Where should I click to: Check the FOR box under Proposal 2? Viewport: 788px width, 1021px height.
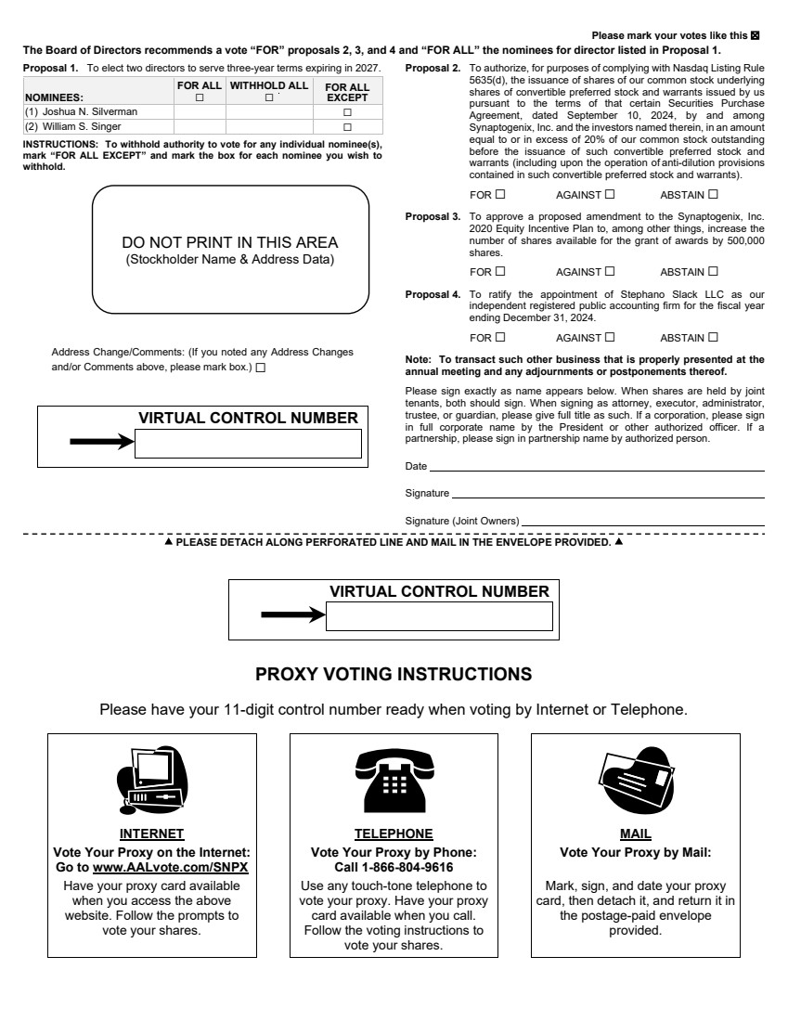(x=500, y=195)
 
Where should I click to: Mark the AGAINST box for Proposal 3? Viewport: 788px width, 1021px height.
(x=610, y=272)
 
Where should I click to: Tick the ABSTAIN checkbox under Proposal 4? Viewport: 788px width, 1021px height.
(x=713, y=338)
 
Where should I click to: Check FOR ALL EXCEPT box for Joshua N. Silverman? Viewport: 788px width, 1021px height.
(x=348, y=112)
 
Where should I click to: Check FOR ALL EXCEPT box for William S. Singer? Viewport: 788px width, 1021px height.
(x=348, y=126)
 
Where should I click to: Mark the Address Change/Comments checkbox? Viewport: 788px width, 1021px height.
(x=260, y=368)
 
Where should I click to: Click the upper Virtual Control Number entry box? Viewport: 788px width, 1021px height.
(x=248, y=445)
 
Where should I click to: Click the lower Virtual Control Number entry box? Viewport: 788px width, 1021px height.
(x=439, y=616)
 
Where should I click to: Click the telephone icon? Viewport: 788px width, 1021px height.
(x=394, y=780)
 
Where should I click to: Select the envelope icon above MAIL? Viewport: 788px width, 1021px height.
(x=635, y=780)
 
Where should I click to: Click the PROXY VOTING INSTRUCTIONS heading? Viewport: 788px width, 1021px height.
(x=394, y=674)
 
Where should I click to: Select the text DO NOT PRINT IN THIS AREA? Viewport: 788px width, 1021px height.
(x=230, y=243)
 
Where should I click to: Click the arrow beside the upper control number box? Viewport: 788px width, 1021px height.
(x=102, y=442)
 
